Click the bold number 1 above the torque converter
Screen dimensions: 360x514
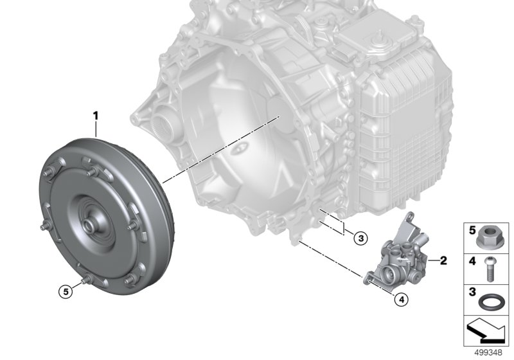[96, 116]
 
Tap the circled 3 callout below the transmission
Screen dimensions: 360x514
[360, 238]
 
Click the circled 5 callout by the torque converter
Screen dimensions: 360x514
[64, 291]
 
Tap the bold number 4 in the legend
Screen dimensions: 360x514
[471, 261]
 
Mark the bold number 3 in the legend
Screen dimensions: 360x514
[471, 292]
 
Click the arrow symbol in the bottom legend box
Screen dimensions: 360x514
[486, 332]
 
